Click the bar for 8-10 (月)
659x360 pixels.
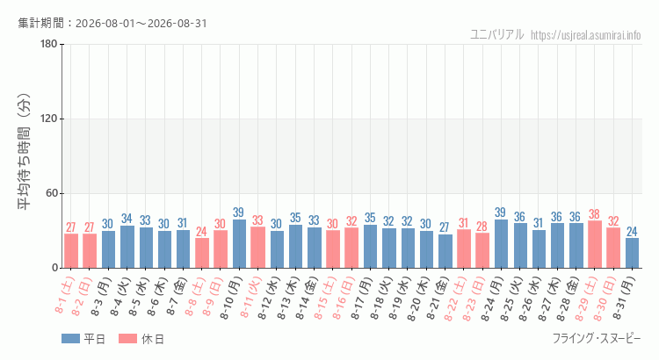point(239,243)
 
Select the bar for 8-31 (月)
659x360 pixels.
point(632,253)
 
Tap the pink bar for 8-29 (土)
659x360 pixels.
point(595,244)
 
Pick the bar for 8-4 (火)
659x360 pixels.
point(127,247)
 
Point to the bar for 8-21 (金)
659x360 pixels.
point(445,251)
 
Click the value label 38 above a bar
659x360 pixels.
point(594,214)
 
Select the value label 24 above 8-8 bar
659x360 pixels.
point(201,232)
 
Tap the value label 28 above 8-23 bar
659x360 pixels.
point(482,227)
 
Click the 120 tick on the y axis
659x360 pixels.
point(48,119)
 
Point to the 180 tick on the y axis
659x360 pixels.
point(48,44)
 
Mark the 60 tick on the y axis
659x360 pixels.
point(52,194)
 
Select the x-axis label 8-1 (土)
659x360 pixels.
point(65,295)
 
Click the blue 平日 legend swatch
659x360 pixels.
point(70,339)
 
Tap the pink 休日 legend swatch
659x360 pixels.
point(127,339)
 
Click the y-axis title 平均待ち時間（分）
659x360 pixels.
point(25,152)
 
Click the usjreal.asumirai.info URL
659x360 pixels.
point(586,35)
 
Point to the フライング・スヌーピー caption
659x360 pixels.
point(597,338)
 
